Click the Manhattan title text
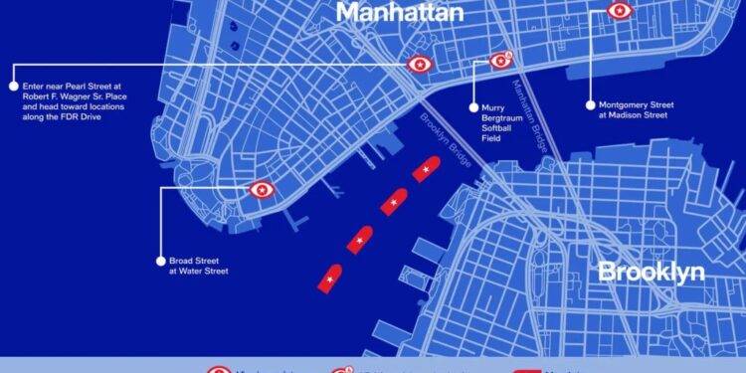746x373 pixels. pyautogui.click(x=400, y=12)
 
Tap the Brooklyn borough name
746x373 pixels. pyautogui.click(x=651, y=272)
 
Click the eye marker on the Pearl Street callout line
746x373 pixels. pyautogui.click(x=420, y=65)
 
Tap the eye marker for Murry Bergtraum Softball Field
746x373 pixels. pyautogui.click(x=500, y=61)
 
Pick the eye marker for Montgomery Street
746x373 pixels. pyautogui.click(x=620, y=11)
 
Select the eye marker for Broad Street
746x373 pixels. pyautogui.click(x=262, y=189)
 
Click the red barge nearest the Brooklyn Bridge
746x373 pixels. pyautogui.click(x=427, y=169)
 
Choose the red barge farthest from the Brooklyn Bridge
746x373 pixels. pyautogui.click(x=329, y=279)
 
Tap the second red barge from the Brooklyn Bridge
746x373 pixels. pyautogui.click(x=394, y=203)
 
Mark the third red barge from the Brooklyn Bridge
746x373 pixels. pyautogui.click(x=359, y=240)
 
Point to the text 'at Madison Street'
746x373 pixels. pyautogui.click(x=633, y=115)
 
